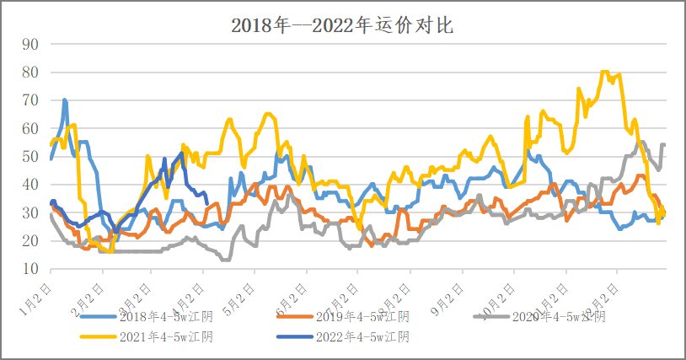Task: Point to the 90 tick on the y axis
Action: tap(30, 45)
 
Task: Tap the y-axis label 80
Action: tap(30, 73)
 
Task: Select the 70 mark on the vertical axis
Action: tap(30, 100)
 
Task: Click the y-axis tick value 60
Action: tap(30, 129)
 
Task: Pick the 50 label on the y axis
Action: tap(30, 157)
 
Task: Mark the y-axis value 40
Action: tap(30, 185)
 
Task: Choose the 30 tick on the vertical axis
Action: tap(30, 213)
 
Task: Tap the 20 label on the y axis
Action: tap(30, 241)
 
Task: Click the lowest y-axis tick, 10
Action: tap(30, 269)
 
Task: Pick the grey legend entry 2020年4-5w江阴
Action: tap(560, 317)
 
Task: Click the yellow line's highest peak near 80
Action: tap(604, 73)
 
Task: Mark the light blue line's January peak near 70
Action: tap(64, 100)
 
